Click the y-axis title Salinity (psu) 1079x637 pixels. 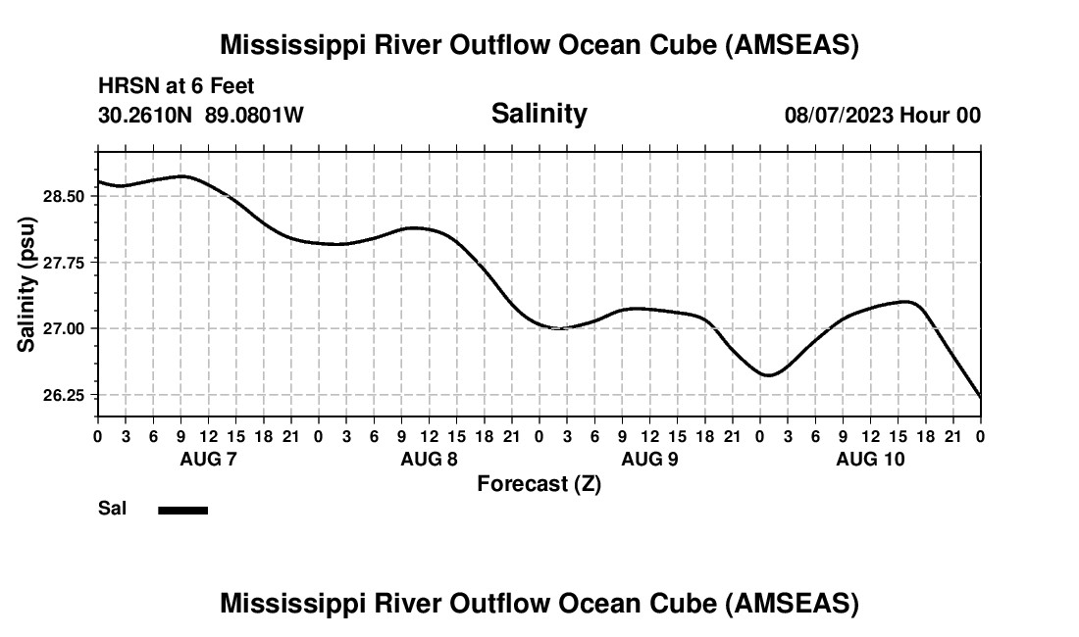point(27,284)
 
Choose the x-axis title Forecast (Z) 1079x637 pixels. point(539,483)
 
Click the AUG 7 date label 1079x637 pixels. point(208,459)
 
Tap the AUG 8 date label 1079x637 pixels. point(429,459)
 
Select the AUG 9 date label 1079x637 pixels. point(649,459)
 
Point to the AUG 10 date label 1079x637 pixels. point(870,459)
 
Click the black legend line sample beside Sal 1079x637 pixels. point(182,510)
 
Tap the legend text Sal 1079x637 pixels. point(112,509)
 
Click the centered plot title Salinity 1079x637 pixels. point(539,114)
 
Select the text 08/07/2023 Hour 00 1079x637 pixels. point(882,116)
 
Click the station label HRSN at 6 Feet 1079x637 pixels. point(176,86)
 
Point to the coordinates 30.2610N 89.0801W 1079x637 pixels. point(200,116)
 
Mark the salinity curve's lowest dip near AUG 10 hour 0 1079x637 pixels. point(769,375)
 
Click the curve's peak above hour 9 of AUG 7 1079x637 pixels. point(181,176)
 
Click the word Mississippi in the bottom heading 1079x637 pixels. point(284,604)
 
